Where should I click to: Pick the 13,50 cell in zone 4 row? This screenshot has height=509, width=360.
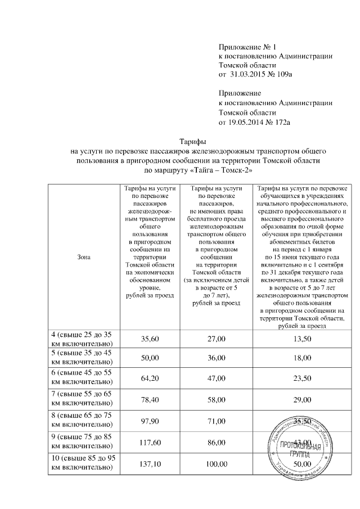(x=302, y=336)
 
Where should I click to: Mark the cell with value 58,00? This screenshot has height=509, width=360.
(x=217, y=399)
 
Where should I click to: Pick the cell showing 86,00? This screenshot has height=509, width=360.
(x=217, y=442)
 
